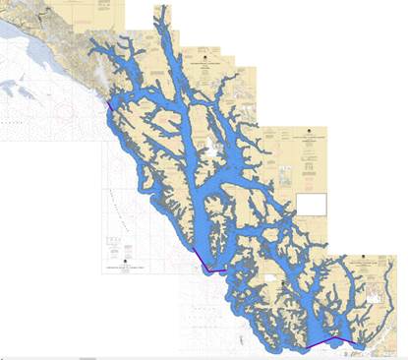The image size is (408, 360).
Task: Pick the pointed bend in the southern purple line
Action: coord(339,340)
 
